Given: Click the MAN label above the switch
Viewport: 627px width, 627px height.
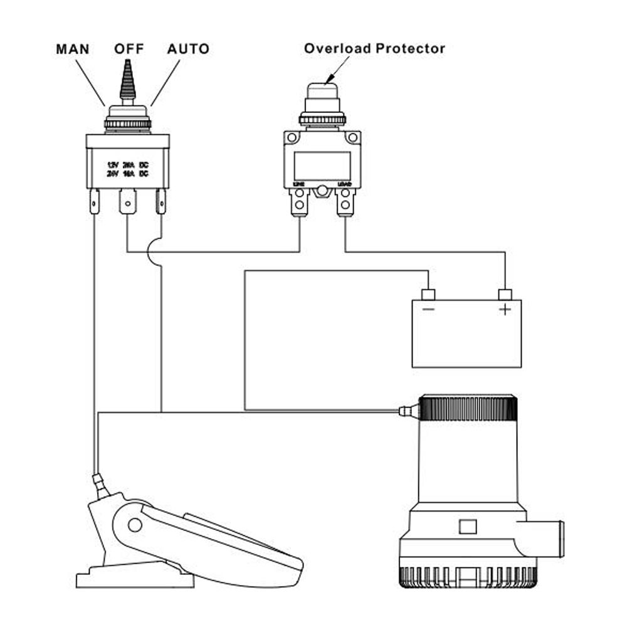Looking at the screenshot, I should (73, 49).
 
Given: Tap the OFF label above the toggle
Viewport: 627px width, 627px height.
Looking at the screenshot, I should (129, 49).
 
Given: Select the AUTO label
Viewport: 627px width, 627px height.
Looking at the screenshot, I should (188, 49).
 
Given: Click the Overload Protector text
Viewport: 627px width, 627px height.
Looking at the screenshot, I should (374, 48).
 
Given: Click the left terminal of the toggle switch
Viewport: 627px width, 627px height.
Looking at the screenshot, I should (94, 202).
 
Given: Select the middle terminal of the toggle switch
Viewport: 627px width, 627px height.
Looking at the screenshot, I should (128, 202).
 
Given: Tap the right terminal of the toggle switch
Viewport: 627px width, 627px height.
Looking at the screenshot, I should (161, 202).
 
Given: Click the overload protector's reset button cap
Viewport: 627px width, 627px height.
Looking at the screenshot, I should (322, 91).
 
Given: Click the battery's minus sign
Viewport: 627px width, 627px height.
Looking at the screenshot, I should (428, 309).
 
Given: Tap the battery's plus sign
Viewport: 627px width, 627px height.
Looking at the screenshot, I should (505, 309).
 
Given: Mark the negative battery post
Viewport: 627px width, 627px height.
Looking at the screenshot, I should (428, 294).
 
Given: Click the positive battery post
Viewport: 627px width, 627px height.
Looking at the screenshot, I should (505, 294).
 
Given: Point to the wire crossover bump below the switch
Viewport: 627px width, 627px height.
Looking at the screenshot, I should (150, 252).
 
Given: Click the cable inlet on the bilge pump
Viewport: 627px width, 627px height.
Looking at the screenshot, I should (408, 411).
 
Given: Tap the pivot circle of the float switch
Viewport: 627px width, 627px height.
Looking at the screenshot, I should (134, 524).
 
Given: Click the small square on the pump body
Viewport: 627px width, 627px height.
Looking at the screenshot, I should (467, 526).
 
